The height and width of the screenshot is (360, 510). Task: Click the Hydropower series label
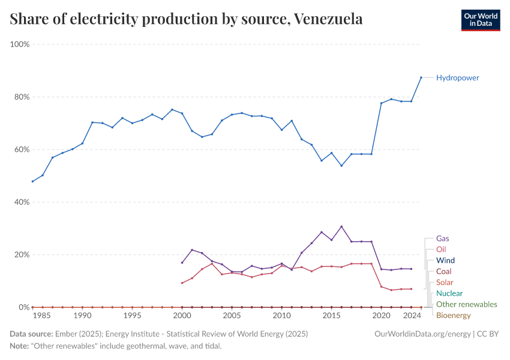[457, 77]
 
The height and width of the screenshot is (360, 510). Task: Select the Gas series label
[443, 238]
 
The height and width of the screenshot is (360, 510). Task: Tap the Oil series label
[441, 249]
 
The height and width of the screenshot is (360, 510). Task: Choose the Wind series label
[445, 260]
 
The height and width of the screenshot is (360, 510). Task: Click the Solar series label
[445, 282]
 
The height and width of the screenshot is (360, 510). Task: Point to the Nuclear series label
[449, 293]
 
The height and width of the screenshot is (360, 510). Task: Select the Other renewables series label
[466, 304]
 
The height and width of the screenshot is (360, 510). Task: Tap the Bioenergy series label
[453, 315]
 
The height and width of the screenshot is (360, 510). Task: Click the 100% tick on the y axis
[20, 44]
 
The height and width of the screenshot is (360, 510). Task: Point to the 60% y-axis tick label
[22, 149]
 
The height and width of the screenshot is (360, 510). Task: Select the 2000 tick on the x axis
[182, 315]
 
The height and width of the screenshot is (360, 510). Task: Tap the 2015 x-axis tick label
[331, 315]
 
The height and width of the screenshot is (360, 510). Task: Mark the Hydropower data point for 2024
[421, 77]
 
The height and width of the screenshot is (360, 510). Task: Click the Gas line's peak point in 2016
[341, 226]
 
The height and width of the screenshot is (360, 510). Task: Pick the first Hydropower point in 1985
[32, 181]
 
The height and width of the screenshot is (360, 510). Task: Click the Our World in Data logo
[480, 20]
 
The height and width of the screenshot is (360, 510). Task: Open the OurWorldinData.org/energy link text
[419, 333]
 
